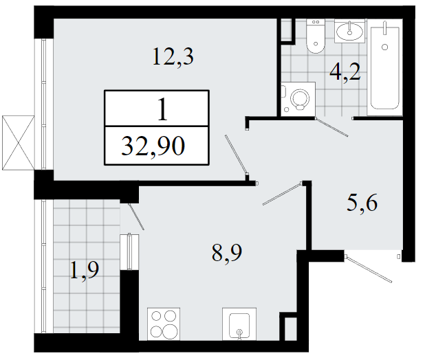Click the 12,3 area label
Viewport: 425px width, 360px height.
tap(173, 56)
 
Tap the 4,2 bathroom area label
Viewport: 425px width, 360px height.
tap(345, 71)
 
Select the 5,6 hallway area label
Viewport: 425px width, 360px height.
tap(362, 203)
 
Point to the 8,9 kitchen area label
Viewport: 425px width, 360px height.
tap(227, 253)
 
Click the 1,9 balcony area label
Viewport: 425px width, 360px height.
tap(85, 270)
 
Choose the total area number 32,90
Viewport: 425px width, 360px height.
tap(153, 146)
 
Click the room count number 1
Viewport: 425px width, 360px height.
tap(162, 109)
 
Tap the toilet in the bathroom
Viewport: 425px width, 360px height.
tap(316, 36)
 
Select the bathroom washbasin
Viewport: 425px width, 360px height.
tap(349, 31)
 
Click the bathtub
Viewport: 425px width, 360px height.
tap(384, 67)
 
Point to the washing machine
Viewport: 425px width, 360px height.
tap(298, 100)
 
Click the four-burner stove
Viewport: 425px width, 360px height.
tap(164, 324)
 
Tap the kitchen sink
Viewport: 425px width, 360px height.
tap(239, 324)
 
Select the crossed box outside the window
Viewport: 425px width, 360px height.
tap(18, 143)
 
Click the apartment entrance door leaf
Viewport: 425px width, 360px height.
tap(369, 269)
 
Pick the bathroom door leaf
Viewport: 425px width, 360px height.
tap(331, 127)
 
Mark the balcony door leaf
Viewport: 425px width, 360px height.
tap(136, 216)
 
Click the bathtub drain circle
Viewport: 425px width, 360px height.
tap(384, 47)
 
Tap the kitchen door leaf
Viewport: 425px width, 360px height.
tap(283, 194)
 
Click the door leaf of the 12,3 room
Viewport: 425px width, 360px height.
tap(236, 155)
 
